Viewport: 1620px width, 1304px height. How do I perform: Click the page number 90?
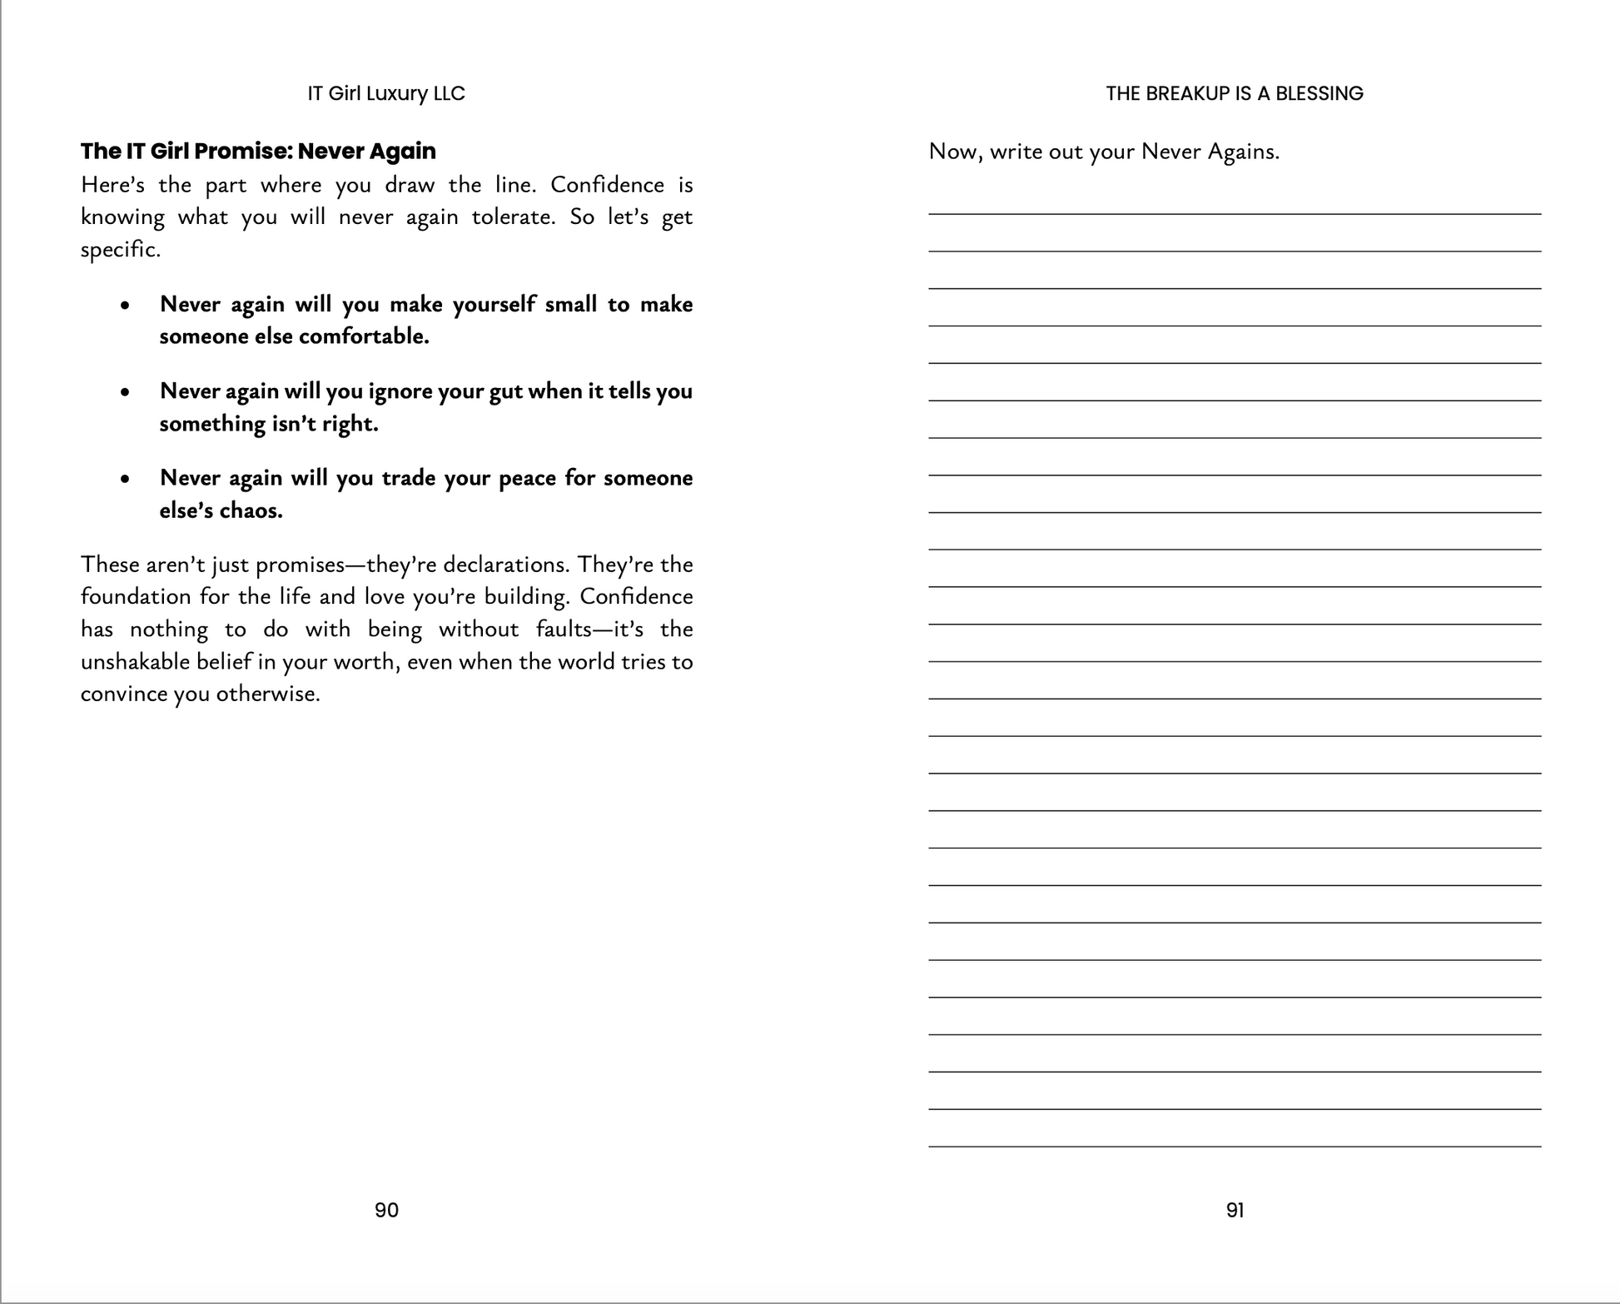(x=386, y=1210)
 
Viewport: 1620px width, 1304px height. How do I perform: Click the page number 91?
(x=1235, y=1210)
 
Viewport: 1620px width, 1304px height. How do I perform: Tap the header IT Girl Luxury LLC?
(x=386, y=93)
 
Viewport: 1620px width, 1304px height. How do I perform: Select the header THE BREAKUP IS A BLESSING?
(x=1235, y=93)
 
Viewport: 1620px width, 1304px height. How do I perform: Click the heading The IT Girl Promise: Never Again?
(x=258, y=151)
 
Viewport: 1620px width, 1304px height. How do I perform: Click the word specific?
(x=119, y=250)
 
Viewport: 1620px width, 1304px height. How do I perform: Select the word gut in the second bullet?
(x=505, y=391)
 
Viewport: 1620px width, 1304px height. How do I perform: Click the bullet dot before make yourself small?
(x=125, y=306)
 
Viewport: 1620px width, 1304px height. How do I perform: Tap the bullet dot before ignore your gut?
(x=125, y=392)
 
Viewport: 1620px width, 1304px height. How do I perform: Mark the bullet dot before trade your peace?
(x=125, y=479)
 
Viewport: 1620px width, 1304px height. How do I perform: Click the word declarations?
(x=506, y=565)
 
